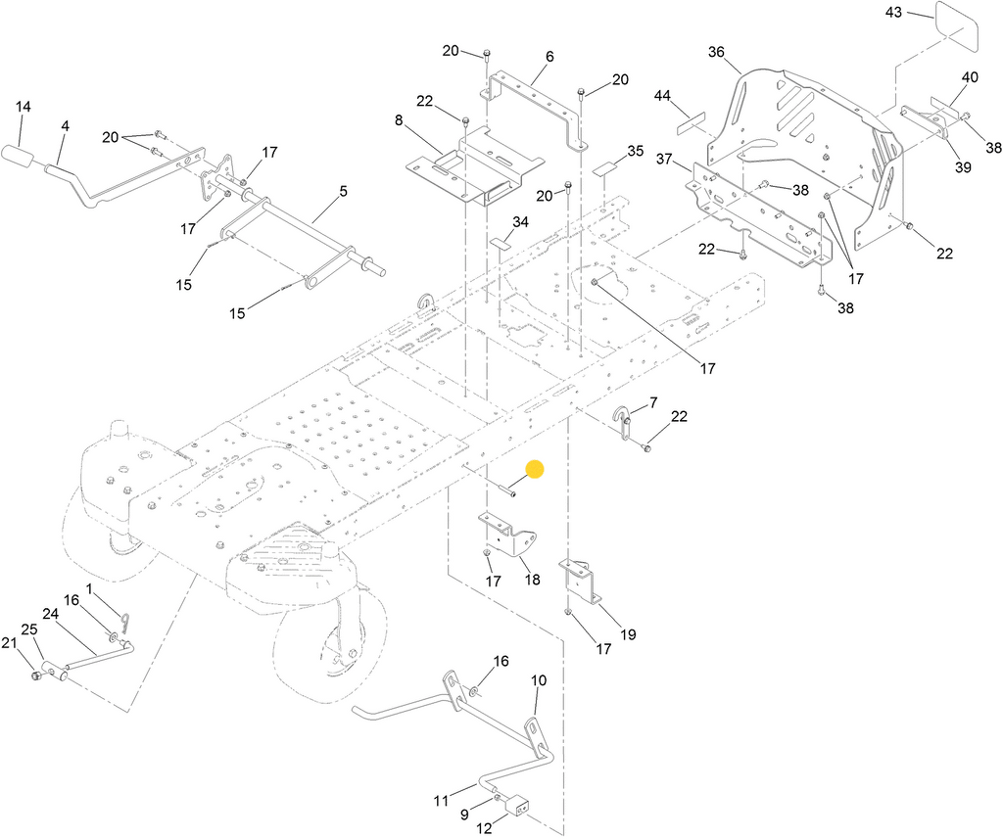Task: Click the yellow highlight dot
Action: [x=535, y=469]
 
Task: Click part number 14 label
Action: [x=24, y=106]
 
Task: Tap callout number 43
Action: [x=893, y=12]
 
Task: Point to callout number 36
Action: [x=716, y=52]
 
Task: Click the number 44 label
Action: [x=662, y=96]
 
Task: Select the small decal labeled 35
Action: [x=603, y=170]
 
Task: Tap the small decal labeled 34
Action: [x=502, y=243]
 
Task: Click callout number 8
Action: [x=399, y=120]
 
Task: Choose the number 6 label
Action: [x=549, y=57]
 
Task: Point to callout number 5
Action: [x=344, y=191]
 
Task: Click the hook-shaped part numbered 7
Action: [x=623, y=422]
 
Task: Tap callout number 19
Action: [x=628, y=634]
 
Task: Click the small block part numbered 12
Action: [x=519, y=805]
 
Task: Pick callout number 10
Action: [x=540, y=680]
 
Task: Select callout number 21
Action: [x=8, y=643]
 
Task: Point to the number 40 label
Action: [x=970, y=77]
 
